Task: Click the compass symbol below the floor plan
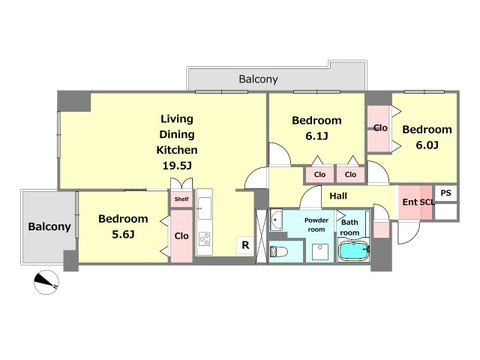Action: point(46,282)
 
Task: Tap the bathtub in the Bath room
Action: point(354,251)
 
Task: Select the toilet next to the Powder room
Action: point(279,252)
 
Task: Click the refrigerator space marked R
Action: point(245,245)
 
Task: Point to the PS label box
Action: point(445,193)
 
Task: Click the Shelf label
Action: point(181,199)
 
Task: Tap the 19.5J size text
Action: point(177,166)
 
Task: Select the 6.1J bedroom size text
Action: point(316,136)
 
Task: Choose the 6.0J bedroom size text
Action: point(427,145)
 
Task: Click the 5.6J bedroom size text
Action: point(123,235)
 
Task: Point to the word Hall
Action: point(338,196)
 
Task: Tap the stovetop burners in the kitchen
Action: point(205,239)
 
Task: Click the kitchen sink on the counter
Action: point(205,208)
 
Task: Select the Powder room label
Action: point(316,225)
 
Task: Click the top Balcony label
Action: point(258,79)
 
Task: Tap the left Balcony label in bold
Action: point(49,226)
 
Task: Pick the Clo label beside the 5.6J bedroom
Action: point(181,235)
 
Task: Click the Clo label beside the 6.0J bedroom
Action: point(380,128)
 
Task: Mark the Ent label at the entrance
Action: point(410,202)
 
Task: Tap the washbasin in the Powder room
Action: point(277,220)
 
